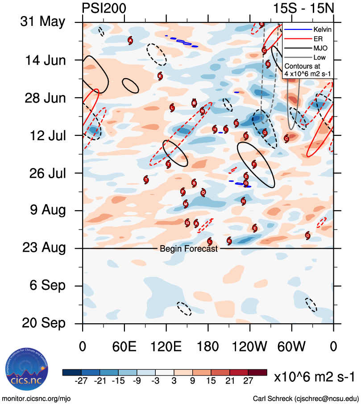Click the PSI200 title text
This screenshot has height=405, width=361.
click(x=104, y=8)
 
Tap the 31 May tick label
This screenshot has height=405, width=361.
click(x=42, y=22)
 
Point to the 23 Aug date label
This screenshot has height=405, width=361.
click(x=42, y=248)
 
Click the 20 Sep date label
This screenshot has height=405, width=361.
click(x=42, y=323)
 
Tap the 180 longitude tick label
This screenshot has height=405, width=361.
click(x=208, y=347)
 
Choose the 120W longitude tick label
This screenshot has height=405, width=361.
click(x=250, y=347)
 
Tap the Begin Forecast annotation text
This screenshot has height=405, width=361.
click(x=189, y=249)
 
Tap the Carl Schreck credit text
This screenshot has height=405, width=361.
click(x=306, y=398)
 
